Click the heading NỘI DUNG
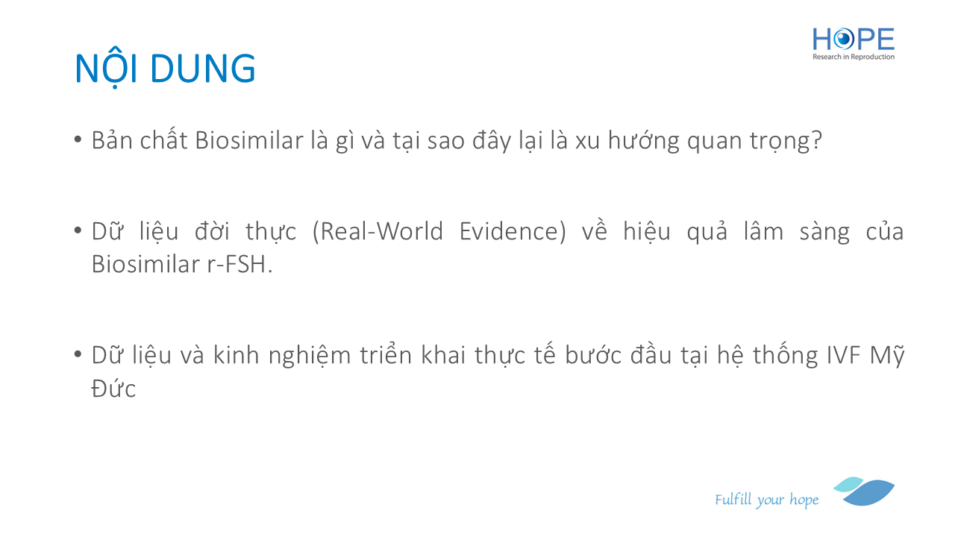166,69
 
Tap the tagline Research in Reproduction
853,57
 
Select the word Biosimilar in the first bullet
249,140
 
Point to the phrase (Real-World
378,231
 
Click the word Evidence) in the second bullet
513,231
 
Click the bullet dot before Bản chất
78,139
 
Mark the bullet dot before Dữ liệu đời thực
78,230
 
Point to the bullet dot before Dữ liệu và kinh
78,354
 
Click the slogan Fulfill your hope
766,500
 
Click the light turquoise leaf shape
848,484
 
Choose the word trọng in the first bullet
780,141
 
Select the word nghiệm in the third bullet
310,356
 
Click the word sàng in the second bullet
824,232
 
